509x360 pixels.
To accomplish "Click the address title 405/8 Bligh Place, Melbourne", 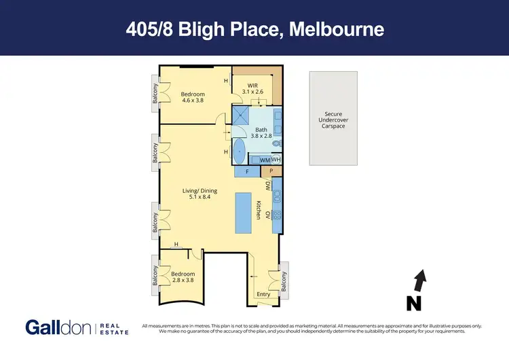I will coord(254,29).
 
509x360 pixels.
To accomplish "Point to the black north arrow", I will coord(421,278).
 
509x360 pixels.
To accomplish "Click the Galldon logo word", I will coord(60,327).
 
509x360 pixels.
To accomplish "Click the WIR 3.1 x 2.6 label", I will coord(254,88).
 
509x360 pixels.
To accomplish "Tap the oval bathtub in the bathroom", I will coord(240,152).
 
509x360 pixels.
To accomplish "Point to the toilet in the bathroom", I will coord(275,143).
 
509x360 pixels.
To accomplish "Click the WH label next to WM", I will coord(276,160).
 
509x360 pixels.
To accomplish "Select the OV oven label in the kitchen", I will coord(268,215).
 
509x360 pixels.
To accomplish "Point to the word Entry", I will coord(263,294).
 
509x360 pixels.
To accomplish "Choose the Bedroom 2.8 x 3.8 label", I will coord(183,277).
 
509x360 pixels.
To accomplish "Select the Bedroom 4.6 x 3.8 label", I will coord(193,97).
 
